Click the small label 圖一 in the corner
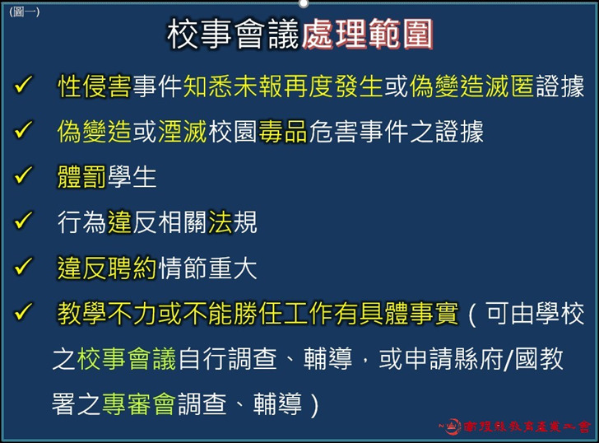24,12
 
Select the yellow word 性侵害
94,86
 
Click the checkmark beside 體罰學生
24,175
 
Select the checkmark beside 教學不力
24,312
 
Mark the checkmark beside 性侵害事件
24,85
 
